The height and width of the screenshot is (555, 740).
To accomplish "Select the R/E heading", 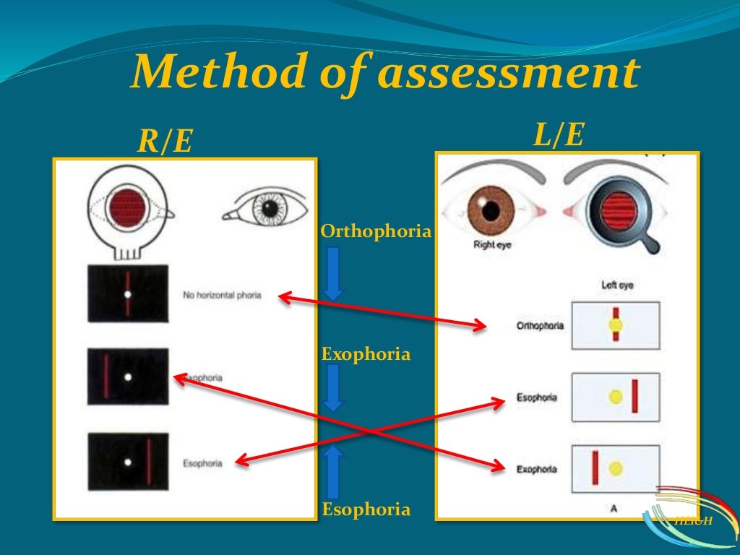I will point(165,142).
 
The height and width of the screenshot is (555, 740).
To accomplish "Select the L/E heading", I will point(558,135).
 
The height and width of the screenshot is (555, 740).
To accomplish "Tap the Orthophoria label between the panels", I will point(376,232).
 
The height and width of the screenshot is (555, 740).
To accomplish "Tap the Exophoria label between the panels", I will point(366,355).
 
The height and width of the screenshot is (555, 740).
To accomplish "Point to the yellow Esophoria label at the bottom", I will point(366,509).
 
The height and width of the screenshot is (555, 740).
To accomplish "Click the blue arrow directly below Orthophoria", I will point(333,274).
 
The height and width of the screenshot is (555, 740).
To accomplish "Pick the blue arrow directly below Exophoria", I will point(333,389).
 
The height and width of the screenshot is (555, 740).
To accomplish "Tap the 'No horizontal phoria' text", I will point(221,296).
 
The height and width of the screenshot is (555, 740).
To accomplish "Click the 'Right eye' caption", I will point(493,245).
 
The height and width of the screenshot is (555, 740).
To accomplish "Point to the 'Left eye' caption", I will point(616,285).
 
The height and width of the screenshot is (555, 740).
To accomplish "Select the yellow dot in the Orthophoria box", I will point(616,325).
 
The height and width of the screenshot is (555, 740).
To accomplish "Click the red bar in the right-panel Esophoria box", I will point(634,396).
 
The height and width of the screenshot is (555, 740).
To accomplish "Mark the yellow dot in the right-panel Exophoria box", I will point(616,468).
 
